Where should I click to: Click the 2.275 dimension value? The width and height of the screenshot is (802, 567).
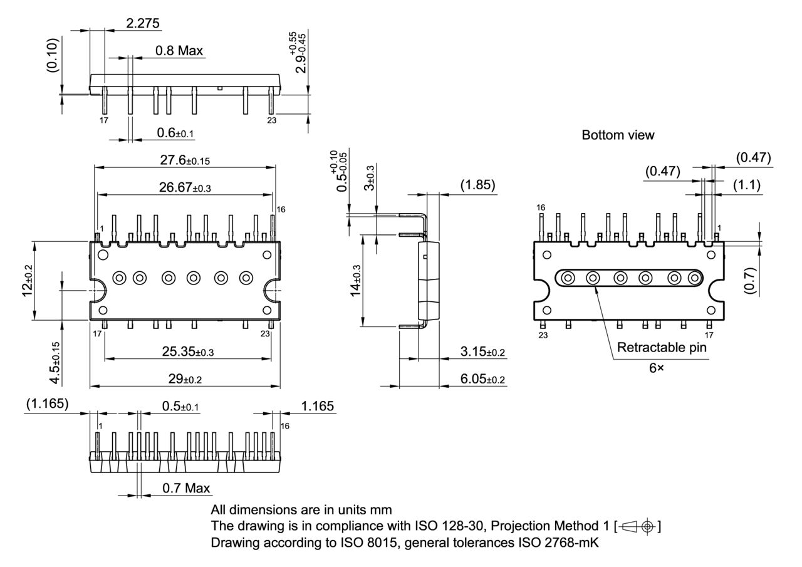(x=143, y=24)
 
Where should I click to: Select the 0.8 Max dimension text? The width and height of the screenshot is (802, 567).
(x=179, y=51)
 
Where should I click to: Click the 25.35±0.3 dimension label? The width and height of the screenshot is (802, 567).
(x=187, y=352)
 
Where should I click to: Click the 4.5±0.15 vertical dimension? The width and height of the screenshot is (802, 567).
(x=55, y=363)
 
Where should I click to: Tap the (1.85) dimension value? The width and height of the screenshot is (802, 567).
(x=477, y=185)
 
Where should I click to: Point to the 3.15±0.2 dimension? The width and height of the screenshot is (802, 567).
(x=482, y=352)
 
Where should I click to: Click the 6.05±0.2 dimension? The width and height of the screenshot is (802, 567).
(x=482, y=379)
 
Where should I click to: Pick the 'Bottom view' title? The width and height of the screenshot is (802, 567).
(x=618, y=135)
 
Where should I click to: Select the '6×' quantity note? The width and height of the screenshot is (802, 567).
(x=656, y=368)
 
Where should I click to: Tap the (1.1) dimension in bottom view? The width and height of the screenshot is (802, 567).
(x=747, y=185)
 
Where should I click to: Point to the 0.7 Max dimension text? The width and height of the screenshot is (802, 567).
(x=186, y=488)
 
